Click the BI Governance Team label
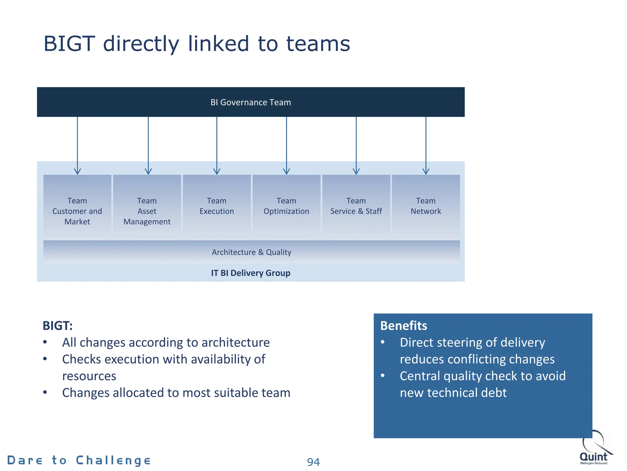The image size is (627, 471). point(250,102)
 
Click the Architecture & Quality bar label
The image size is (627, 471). point(251,252)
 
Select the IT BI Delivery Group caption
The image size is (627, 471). point(250,273)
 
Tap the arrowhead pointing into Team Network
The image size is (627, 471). point(426,171)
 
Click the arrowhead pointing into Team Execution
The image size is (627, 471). point(217,171)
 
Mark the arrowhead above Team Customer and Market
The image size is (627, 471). point(77,171)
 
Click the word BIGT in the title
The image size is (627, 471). point(69,44)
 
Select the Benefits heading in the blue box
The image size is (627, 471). point(404,326)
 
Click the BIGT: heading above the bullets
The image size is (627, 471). point(58,326)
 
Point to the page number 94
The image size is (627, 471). point(313,462)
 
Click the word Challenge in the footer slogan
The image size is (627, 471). point(113,461)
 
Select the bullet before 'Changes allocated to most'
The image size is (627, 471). point(45,392)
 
